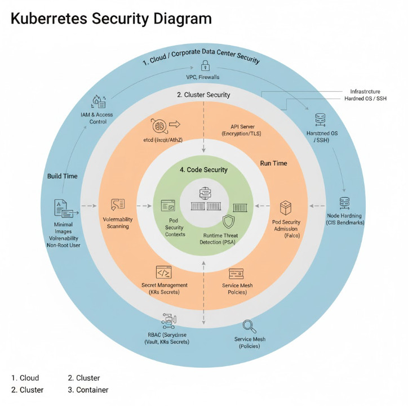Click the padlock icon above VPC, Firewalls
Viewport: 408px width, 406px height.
pos(206,65)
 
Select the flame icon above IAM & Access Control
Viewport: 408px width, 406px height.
pos(97,101)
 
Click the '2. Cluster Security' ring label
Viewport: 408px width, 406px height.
pos(203,95)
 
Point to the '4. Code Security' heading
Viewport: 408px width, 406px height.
pos(203,169)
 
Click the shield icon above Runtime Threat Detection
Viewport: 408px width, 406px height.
pos(228,221)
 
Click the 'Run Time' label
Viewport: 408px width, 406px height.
pos(273,163)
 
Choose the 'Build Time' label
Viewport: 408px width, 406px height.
pos(63,176)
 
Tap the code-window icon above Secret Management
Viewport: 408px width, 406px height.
pos(164,273)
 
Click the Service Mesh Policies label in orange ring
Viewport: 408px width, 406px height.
pos(237,289)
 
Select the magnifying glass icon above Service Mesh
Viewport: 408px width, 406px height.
pos(249,326)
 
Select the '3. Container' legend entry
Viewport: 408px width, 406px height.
pos(88,390)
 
